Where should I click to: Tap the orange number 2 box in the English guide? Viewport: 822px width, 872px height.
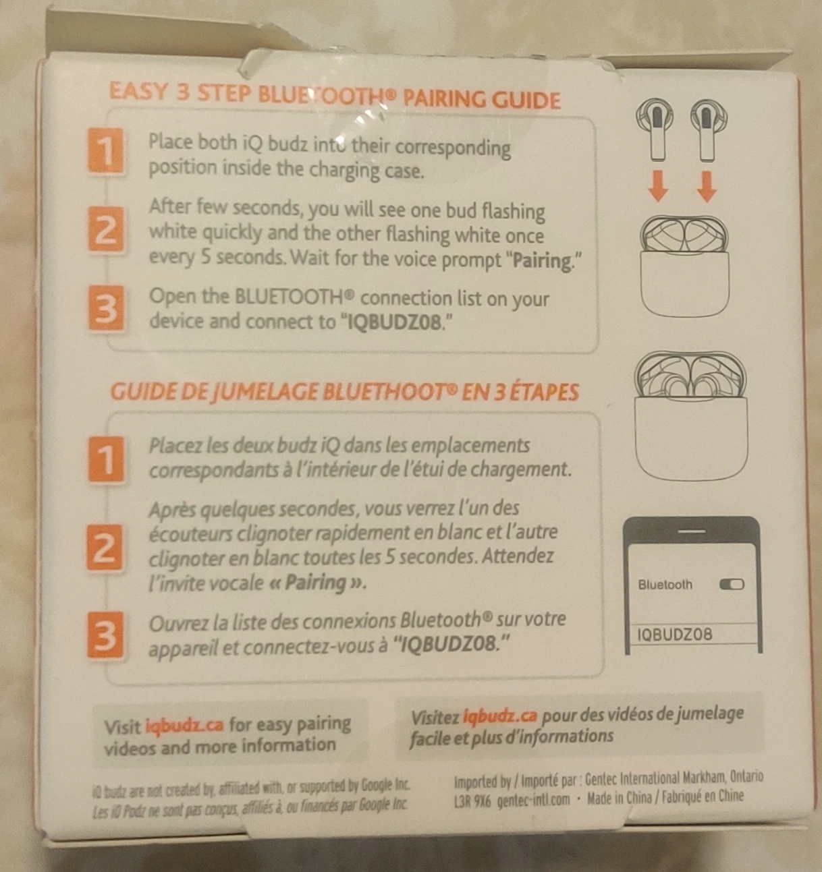pos(105,230)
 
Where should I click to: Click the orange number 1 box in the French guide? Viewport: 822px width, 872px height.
pos(105,459)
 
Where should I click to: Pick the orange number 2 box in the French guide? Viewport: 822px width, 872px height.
pos(105,548)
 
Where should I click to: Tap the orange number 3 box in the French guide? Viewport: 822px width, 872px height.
pos(105,635)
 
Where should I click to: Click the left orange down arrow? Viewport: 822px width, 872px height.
pos(658,187)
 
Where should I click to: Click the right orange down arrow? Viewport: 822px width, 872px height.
pos(707,187)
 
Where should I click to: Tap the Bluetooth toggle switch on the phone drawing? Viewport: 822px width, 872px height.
pos(732,584)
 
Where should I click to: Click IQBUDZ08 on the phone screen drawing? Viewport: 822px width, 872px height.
pos(674,634)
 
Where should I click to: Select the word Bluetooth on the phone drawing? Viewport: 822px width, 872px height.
pos(665,585)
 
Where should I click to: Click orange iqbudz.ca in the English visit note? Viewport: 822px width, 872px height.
pos(185,725)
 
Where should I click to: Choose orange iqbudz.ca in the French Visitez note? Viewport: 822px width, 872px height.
pos(500,717)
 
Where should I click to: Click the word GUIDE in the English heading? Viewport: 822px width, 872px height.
pos(526,100)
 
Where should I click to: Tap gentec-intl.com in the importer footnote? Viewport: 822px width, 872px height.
pos(533,799)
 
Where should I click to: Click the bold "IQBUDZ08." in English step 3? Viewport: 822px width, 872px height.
pos(397,323)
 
